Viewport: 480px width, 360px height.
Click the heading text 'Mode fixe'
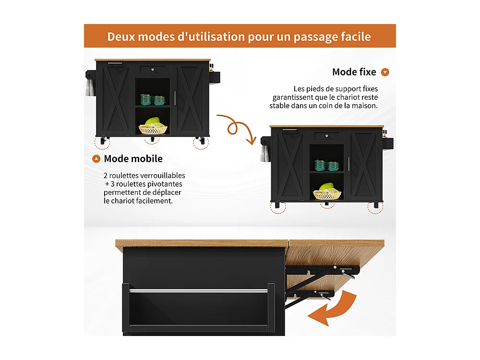tap(354, 72)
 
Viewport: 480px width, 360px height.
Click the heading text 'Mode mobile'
tap(133, 158)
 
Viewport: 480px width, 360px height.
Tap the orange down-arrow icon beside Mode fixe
tap(385, 72)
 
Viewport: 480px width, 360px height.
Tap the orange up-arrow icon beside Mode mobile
tap(96, 159)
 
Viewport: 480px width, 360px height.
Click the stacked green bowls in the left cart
tap(153, 100)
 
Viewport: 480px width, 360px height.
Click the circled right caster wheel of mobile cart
tap(201, 142)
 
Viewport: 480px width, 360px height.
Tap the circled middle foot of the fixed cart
tap(327, 205)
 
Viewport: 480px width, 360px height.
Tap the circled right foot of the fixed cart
tap(375, 207)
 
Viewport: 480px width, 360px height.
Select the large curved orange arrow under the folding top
tap(335, 312)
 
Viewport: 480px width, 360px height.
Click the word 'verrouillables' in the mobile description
tap(162, 176)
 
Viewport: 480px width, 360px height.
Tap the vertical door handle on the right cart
tap(348, 163)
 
